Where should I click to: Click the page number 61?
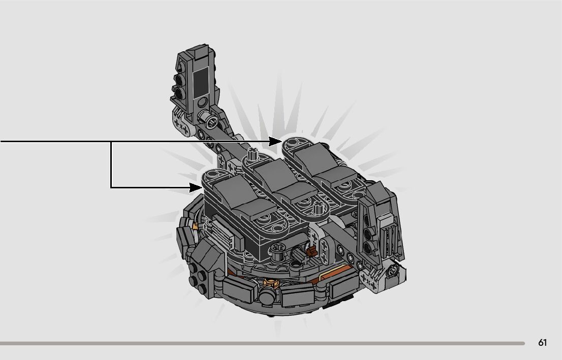(x=542, y=343)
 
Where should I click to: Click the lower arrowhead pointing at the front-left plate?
(x=197, y=187)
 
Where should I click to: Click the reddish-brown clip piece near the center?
(x=311, y=250)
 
